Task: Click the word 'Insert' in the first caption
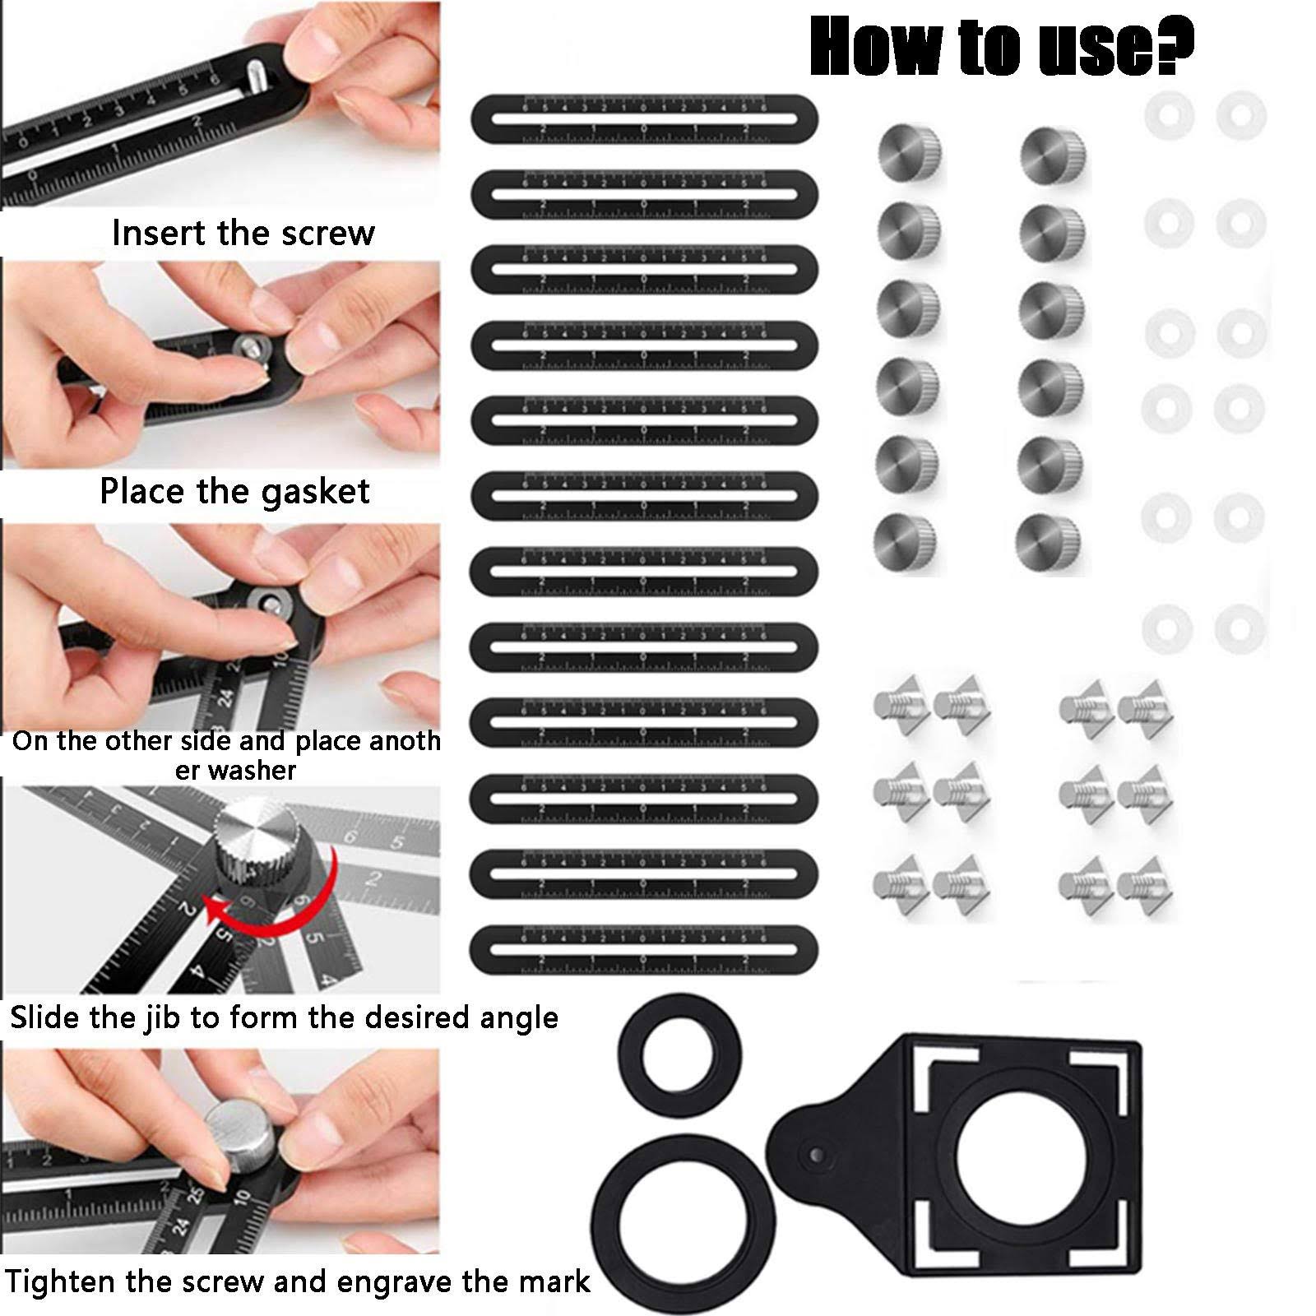click(x=159, y=233)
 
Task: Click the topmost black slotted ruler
click(x=644, y=118)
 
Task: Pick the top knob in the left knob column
click(x=909, y=154)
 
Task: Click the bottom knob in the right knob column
click(x=1047, y=542)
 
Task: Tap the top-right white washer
click(x=1240, y=115)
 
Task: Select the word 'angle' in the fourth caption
click(x=516, y=1018)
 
